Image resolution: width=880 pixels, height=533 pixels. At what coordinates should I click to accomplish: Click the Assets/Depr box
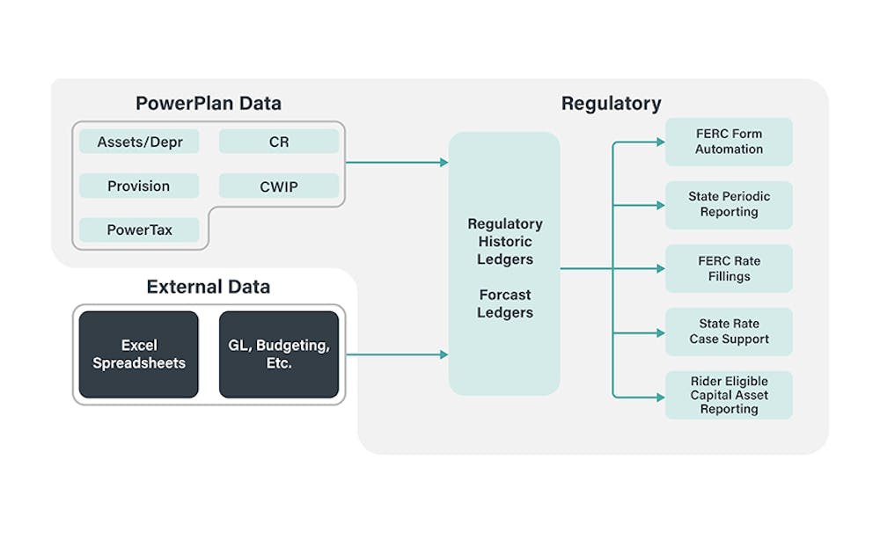coord(139,142)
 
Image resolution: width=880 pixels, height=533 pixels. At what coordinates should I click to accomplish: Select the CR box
coord(279,142)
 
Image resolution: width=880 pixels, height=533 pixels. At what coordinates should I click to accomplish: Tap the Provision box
coord(139,186)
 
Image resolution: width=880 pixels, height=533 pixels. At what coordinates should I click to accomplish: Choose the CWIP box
coord(279,186)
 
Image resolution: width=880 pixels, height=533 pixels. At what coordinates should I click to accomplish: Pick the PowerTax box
coord(139,230)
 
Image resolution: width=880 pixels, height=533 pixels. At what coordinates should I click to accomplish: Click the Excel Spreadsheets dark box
coord(139,354)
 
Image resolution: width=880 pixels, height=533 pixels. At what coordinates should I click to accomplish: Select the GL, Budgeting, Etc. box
coord(279,354)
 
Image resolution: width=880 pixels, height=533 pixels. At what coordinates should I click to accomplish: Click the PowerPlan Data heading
coord(209,103)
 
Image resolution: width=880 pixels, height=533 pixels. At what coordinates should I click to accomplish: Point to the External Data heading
coord(209,287)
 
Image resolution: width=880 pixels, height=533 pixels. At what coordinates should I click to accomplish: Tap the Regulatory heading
coord(612,104)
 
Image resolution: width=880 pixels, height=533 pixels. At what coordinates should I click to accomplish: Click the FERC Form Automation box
coord(729,142)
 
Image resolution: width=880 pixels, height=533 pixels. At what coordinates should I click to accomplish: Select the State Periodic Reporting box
coord(729,205)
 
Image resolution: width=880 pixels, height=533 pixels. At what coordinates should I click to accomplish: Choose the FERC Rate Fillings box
coord(729,268)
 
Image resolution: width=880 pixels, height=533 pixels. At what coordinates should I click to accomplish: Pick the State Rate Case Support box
coord(729,332)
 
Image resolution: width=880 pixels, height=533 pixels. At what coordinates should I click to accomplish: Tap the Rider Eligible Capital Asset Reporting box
coord(729,395)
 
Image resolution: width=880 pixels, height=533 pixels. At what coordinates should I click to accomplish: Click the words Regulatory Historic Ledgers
coord(505,241)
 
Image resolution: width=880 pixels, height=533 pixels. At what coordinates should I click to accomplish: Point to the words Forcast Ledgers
coord(505,303)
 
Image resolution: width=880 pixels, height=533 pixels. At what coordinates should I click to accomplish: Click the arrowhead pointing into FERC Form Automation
coord(661,142)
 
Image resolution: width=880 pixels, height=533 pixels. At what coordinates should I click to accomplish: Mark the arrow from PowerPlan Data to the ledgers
coord(397,162)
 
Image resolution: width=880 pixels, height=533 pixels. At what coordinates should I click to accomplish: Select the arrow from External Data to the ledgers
coord(397,354)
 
